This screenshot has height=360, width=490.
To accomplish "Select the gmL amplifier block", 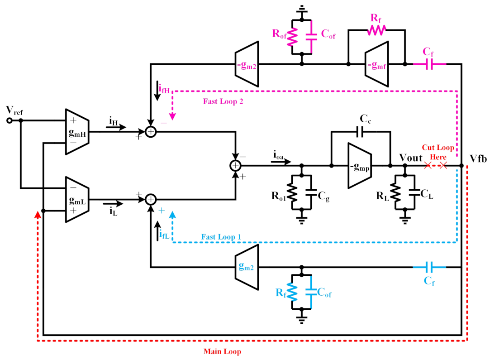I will pyautogui.click(x=78, y=199).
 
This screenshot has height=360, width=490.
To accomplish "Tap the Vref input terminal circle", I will pyautogui.click(x=9, y=120).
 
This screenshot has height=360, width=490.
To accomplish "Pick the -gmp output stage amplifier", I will pyautogui.click(x=360, y=165).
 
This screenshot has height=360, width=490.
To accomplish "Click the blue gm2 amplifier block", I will pyautogui.click(x=247, y=267).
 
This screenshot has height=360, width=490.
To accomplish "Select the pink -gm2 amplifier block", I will pyautogui.click(x=247, y=64).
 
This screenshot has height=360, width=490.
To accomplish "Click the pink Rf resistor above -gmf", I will pyautogui.click(x=376, y=30).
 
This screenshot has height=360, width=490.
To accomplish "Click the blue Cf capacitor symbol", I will pyautogui.click(x=429, y=267).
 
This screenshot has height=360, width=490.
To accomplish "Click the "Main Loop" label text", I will pyautogui.click(x=222, y=351).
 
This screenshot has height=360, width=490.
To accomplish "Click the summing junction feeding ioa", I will pyautogui.click(x=235, y=166).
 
